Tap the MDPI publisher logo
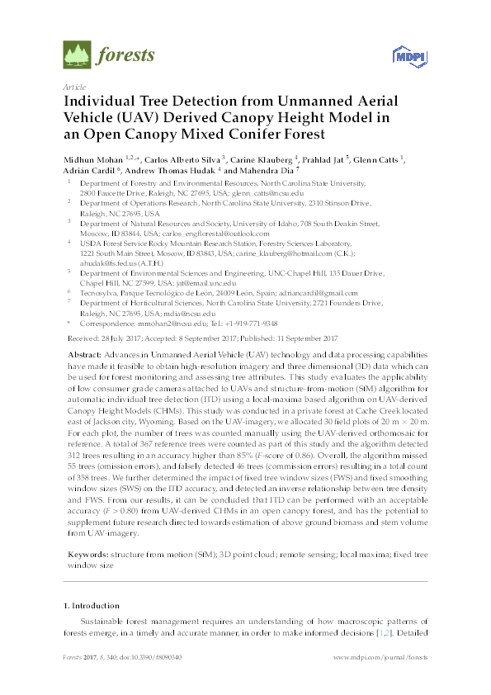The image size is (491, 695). pos(402,57)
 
